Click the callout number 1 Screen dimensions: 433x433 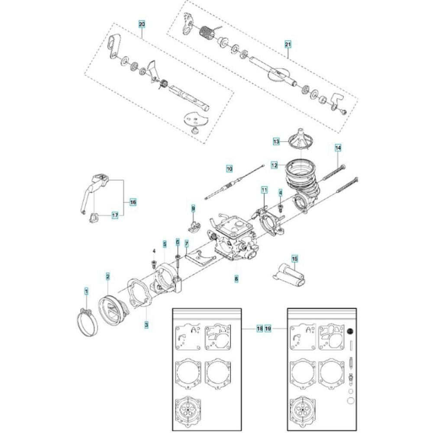pos(87,291)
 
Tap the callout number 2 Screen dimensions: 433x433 pos(108,276)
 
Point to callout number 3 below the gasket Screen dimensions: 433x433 pos(146,325)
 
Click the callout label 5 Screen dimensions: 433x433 pos(165,244)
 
